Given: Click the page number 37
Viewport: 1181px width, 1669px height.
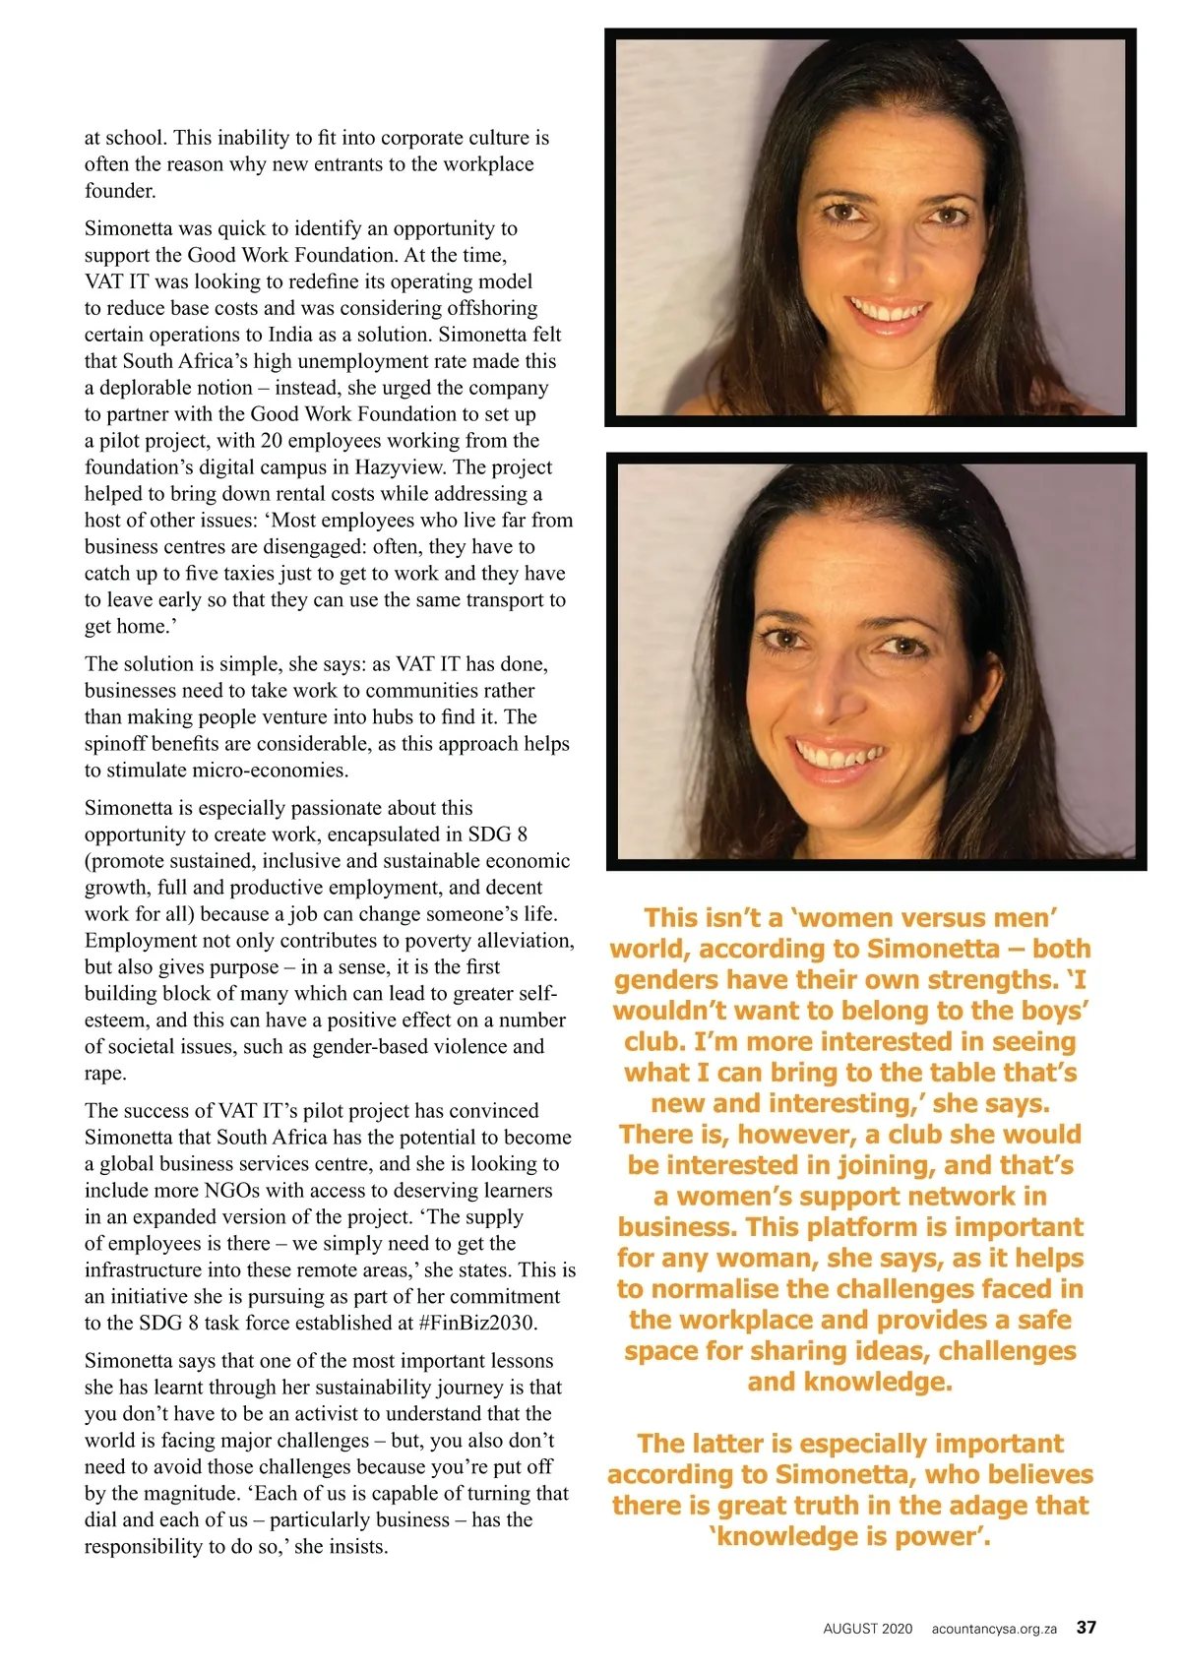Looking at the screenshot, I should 1086,1627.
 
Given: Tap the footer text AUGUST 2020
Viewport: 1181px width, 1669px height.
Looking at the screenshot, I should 867,1629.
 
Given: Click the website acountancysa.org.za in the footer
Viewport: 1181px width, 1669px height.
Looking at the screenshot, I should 993,1629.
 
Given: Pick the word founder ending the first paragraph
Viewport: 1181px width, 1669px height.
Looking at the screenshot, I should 120,191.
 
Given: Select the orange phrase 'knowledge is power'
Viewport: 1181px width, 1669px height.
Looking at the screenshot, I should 849,1536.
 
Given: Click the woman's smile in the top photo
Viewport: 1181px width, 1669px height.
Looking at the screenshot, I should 888,313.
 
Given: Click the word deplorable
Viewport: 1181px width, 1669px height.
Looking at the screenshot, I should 155,388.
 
